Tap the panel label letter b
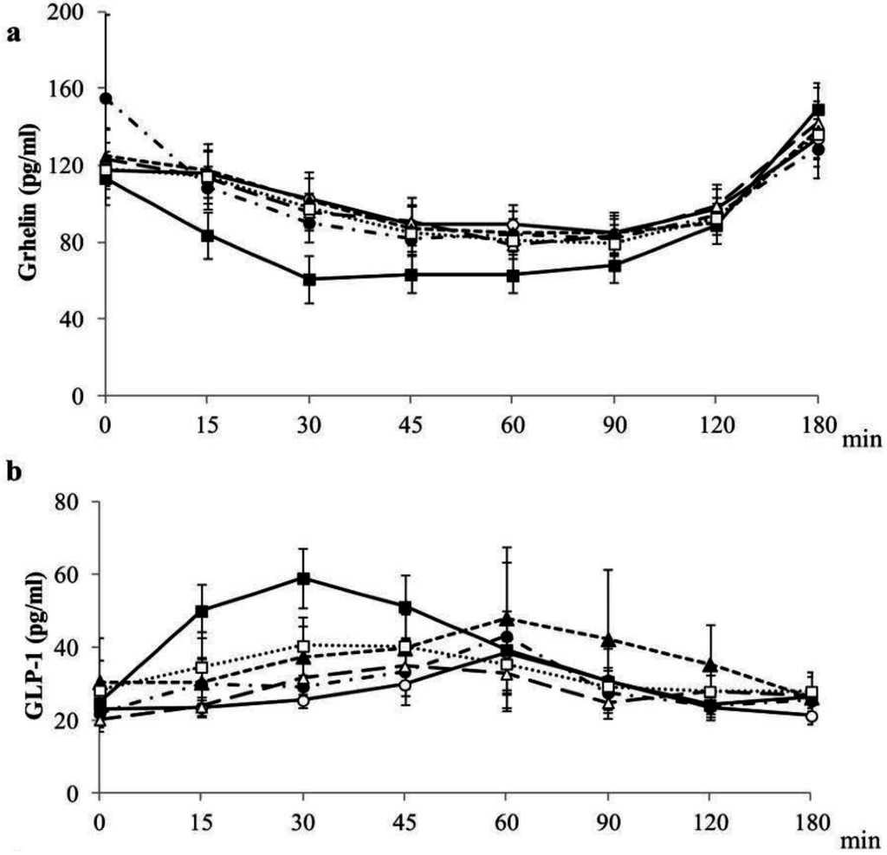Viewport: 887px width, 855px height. pos(13,475)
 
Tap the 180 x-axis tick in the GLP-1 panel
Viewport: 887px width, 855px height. pos(809,819)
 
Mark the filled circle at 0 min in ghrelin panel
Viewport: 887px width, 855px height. pos(106,98)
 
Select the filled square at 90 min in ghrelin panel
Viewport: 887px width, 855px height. pos(615,267)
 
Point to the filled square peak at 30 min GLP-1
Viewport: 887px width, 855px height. pos(304,578)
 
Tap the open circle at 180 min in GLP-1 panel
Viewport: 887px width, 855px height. pos(810,716)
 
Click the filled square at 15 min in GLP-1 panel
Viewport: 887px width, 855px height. pos(202,611)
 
